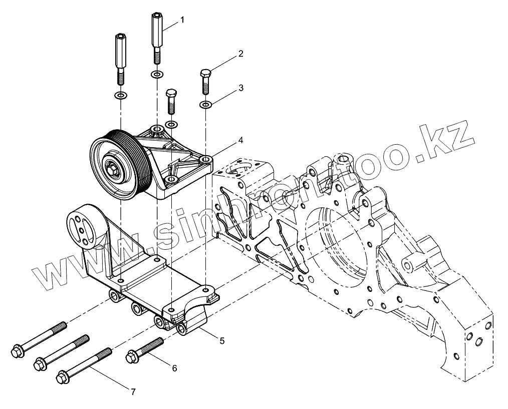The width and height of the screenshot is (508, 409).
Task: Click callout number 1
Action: tap(182, 20)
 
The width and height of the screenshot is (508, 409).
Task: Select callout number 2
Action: tap(240, 54)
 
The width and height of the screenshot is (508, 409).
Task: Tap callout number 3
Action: tap(240, 88)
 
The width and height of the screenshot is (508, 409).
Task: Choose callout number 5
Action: tap(222, 340)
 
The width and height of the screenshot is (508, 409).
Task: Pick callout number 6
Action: tap(175, 368)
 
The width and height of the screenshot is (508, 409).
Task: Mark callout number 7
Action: tap(133, 392)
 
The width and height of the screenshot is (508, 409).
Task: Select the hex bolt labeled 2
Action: tap(206, 82)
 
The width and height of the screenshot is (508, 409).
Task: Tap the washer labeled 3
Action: tap(206, 105)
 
